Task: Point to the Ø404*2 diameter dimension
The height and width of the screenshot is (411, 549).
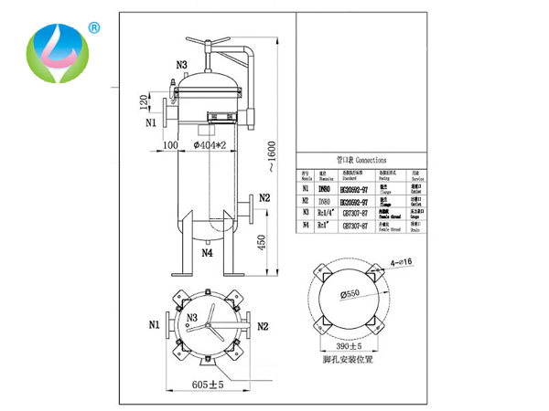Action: pos(211,144)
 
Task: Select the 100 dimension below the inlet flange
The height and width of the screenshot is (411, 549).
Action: pos(169,144)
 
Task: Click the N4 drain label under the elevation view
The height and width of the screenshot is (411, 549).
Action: pos(207,253)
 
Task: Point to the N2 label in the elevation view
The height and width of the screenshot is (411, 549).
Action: pos(264,197)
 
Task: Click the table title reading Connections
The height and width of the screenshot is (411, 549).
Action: pos(354,157)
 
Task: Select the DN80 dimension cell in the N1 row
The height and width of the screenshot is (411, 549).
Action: pos(325,188)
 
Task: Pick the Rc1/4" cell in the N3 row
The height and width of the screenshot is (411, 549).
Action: pos(325,210)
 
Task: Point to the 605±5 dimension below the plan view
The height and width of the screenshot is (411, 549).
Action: pos(208,385)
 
